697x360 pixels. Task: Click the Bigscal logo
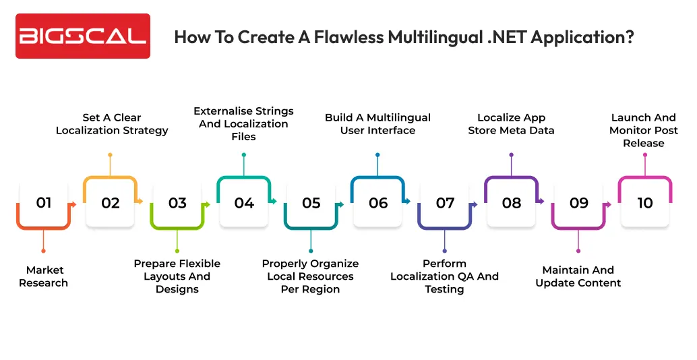83,36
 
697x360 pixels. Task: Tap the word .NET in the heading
502,37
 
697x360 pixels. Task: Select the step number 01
44,203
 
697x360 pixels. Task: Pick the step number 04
244,203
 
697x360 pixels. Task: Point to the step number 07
445,203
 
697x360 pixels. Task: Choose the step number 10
645,203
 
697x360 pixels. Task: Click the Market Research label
44,276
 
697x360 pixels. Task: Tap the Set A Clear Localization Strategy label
112,124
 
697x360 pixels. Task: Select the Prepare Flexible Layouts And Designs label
177,276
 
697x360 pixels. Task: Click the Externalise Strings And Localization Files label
244,124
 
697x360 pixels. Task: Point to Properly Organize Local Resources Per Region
311,276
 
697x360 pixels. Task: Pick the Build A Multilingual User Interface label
377,124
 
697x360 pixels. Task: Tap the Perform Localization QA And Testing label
445,276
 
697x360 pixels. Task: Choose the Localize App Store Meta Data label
511,124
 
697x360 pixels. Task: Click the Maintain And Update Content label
578,276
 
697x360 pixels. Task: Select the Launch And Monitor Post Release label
644,130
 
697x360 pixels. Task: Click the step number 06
378,203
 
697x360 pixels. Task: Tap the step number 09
579,203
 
